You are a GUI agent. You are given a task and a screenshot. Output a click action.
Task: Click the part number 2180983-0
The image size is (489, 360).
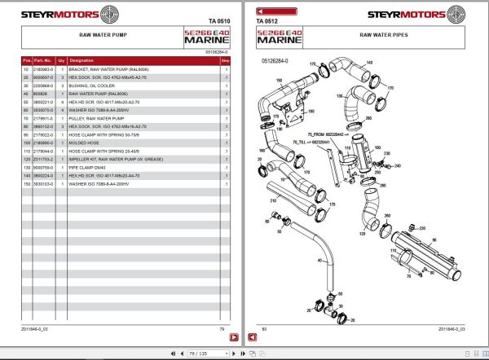coord(42,71)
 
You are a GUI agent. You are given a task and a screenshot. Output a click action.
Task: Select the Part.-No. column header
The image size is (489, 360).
coord(42,60)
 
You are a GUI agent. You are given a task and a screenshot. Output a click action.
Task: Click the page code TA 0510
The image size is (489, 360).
coord(219,20)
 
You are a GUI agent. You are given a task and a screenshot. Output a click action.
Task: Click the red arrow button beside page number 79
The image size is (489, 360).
coord(232,336)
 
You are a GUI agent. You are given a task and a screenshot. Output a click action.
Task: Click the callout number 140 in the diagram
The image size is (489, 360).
coord(368,63)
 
